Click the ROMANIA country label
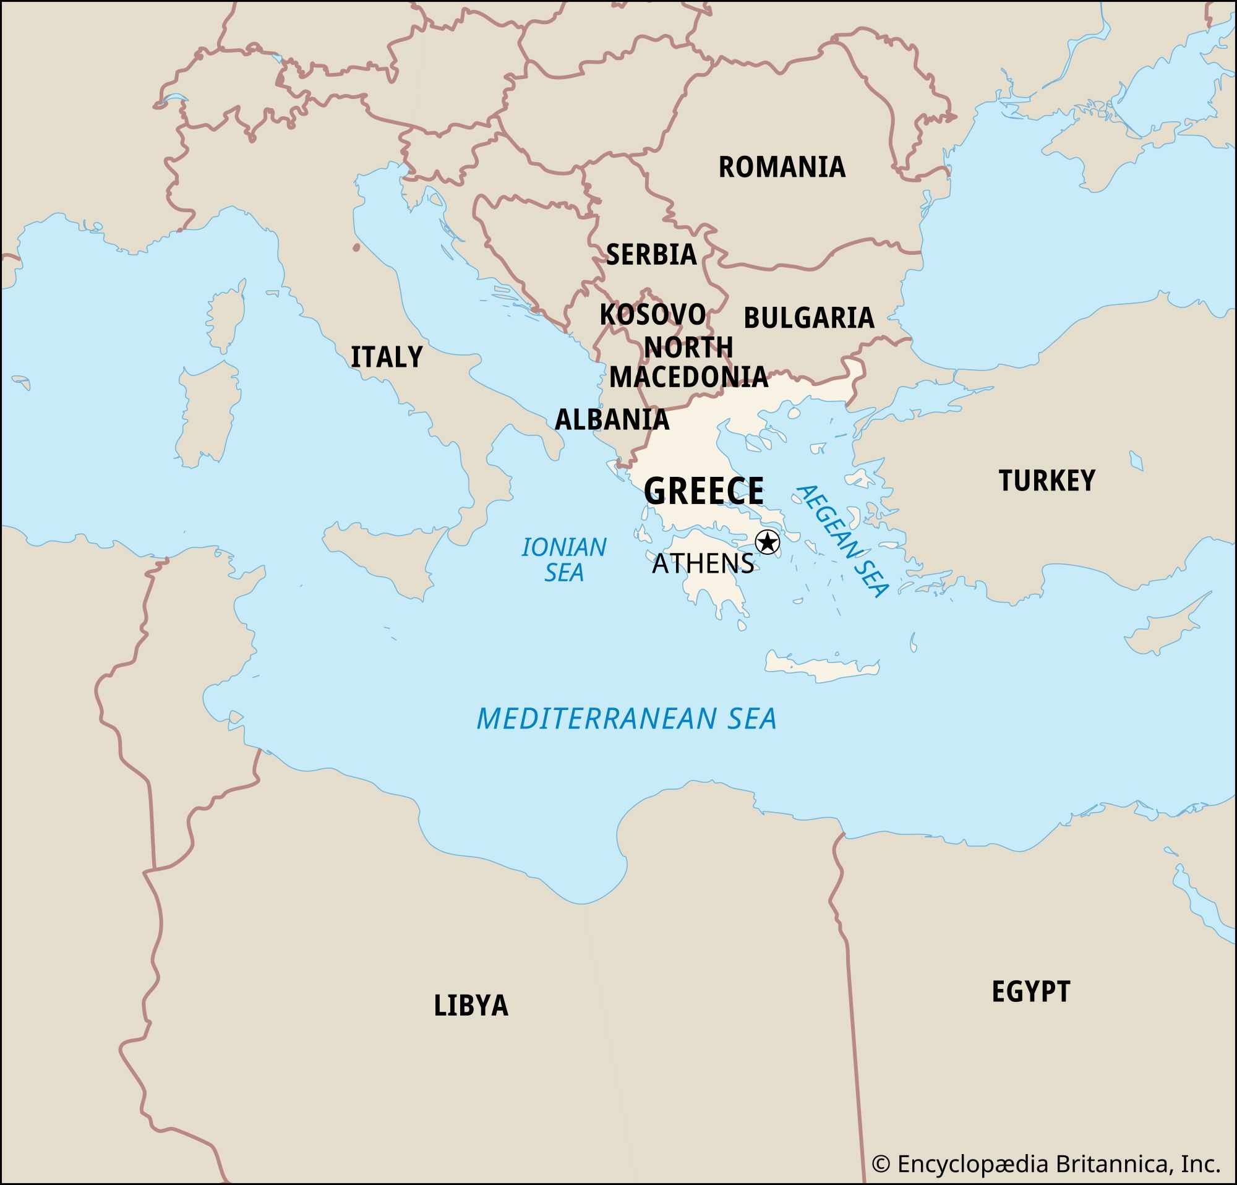(781, 167)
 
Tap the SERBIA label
(651, 254)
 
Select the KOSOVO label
(652, 314)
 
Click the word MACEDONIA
(688, 377)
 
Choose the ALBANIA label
(612, 419)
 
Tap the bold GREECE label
(703, 491)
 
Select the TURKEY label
(1047, 481)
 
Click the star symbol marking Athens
(768, 542)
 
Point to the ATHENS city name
(703, 563)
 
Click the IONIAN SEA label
(563, 560)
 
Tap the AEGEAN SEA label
(843, 541)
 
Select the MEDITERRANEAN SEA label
(626, 719)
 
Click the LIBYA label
(471, 1005)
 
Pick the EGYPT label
(1030, 991)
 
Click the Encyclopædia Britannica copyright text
(1046, 1164)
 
